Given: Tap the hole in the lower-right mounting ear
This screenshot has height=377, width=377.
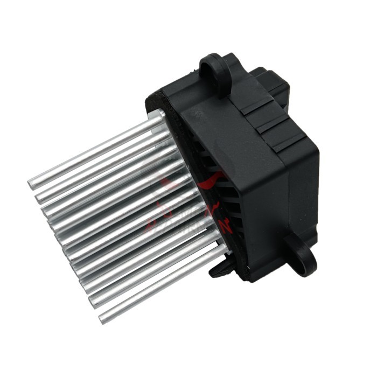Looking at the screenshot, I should click(300, 251).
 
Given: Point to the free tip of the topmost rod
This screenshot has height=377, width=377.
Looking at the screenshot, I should click(31, 185).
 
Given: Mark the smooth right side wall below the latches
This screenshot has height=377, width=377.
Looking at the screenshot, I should click(294, 194).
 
